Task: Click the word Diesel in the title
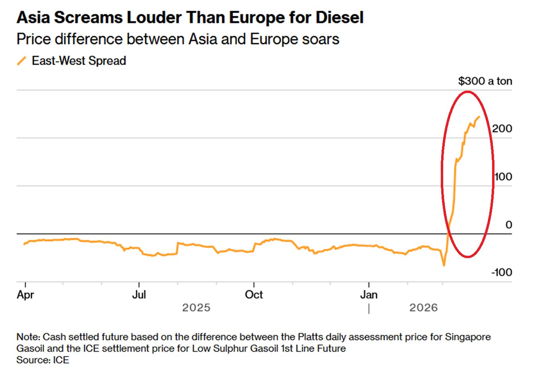click(339, 17)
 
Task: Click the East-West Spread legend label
click(79, 61)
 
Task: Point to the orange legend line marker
click(21, 61)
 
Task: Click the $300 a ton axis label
click(485, 81)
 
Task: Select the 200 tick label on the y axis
click(502, 128)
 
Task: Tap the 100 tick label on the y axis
click(503, 177)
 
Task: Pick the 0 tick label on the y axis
click(508, 225)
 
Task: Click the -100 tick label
click(502, 272)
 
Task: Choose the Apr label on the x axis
click(25, 295)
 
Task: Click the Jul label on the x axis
click(139, 295)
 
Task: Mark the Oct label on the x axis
click(254, 295)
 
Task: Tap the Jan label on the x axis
click(369, 295)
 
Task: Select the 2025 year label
click(196, 308)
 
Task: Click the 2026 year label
click(423, 308)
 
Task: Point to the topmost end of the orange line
click(479, 117)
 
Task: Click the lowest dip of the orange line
click(444, 265)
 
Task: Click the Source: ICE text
click(43, 360)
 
